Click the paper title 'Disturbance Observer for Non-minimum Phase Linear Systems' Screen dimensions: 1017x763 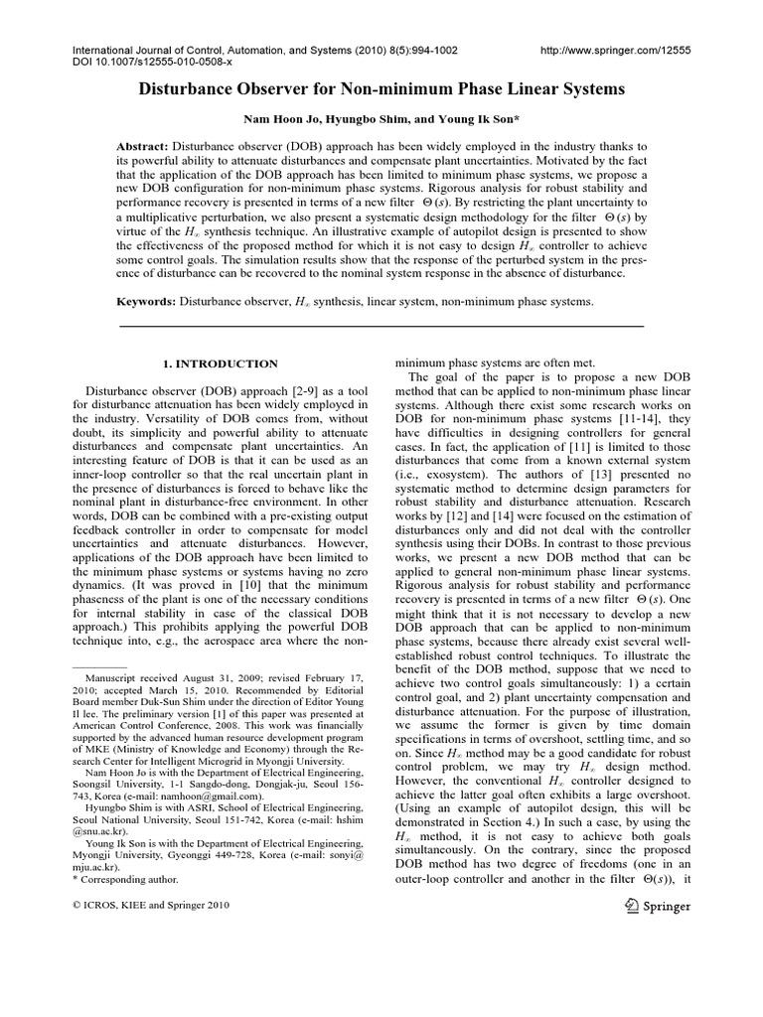(x=381, y=89)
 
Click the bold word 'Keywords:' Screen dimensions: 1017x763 (x=149, y=300)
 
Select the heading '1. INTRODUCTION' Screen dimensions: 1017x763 (x=220, y=364)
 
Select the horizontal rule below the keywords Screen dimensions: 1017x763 (x=381, y=325)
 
